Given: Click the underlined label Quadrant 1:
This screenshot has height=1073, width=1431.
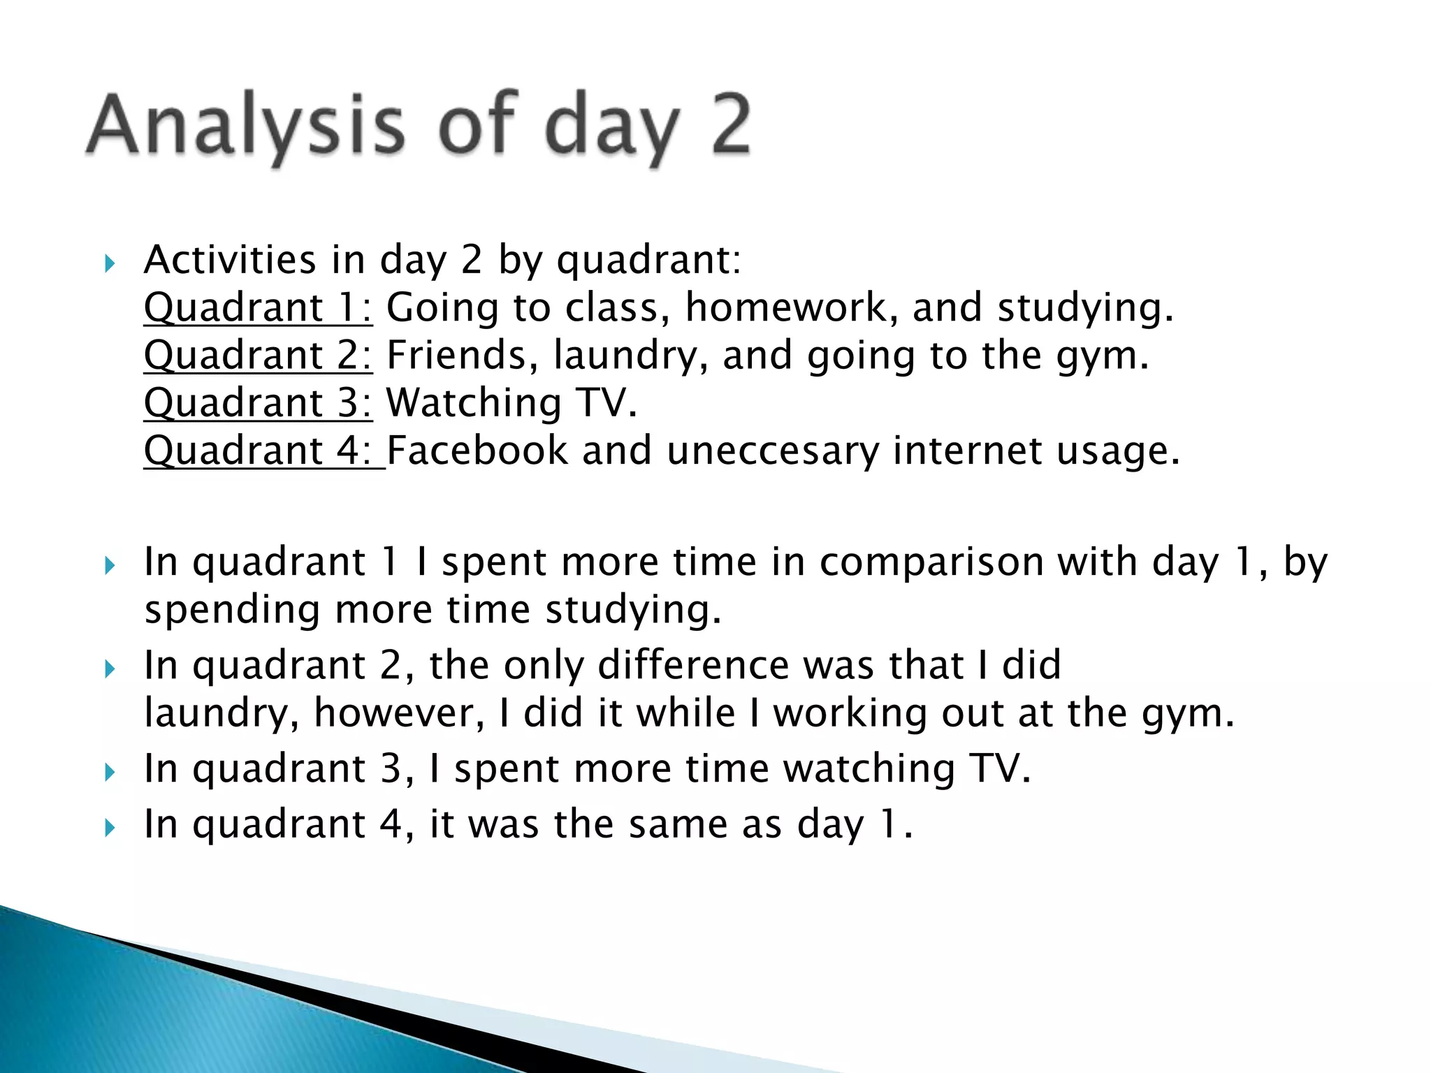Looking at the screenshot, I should (258, 307).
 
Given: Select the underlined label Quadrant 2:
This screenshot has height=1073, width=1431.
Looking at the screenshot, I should (258, 355).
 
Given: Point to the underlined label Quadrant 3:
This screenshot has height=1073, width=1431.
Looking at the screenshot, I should (258, 403).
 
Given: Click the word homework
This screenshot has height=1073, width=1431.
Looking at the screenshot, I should (791, 307).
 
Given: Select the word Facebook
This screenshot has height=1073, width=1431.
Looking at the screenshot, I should (477, 451).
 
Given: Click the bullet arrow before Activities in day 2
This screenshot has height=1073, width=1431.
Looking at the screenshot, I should (109, 264).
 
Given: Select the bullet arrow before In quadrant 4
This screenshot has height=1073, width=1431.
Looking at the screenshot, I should (109, 829).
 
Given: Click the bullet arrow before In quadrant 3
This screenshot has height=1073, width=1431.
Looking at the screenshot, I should (109, 773).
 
